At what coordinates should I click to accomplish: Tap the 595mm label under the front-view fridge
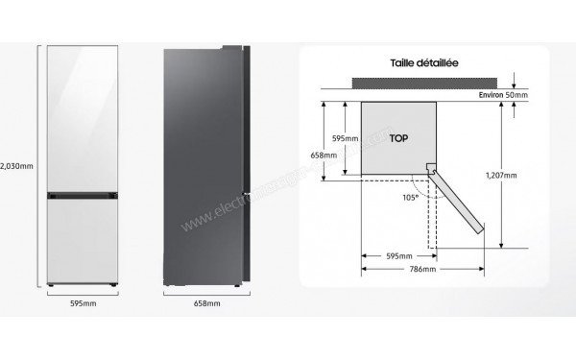(x=82, y=303)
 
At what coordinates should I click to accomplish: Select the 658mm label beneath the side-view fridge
(x=206, y=303)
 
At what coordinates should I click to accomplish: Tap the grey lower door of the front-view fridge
(x=83, y=240)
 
